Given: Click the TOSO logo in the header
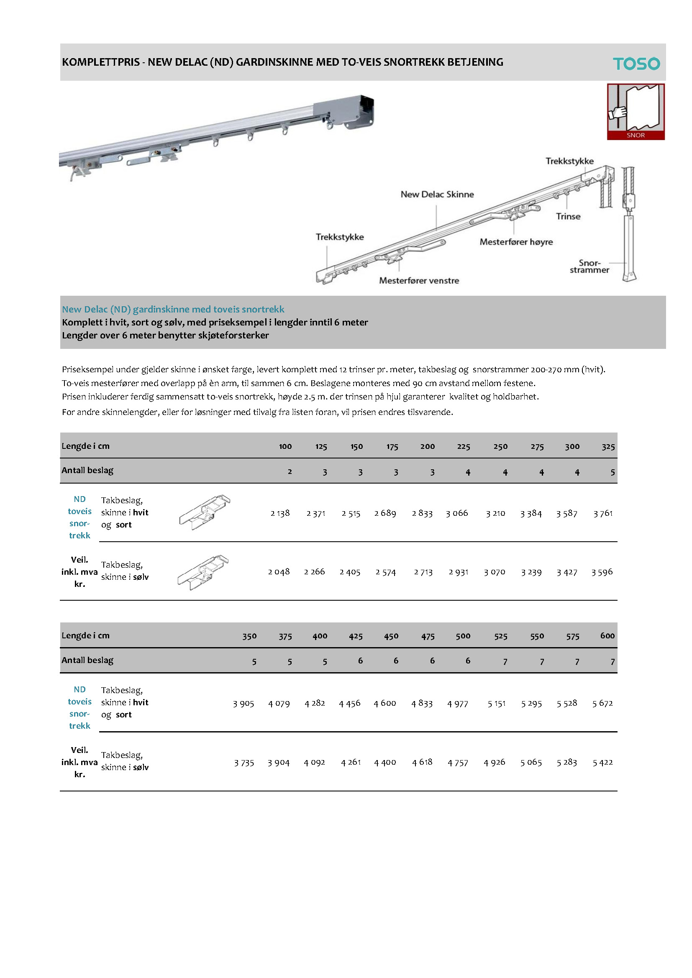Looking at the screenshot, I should (x=636, y=64).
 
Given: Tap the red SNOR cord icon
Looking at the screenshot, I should (x=636, y=112).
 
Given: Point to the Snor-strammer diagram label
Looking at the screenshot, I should (x=589, y=266).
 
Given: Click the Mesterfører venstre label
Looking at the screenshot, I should (x=419, y=281).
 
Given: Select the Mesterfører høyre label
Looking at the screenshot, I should (x=516, y=242).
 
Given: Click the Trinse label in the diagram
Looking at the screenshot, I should (x=568, y=216).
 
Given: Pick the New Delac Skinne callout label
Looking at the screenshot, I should (x=437, y=194).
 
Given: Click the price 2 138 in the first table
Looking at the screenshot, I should (x=280, y=513).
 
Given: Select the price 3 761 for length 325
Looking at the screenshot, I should (x=603, y=513).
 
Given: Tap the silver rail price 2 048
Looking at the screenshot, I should (x=279, y=572).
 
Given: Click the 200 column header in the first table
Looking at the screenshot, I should (x=428, y=446).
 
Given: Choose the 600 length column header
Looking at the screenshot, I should (x=607, y=635).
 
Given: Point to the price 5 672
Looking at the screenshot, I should (x=602, y=703).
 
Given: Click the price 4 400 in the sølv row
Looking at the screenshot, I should (x=385, y=762).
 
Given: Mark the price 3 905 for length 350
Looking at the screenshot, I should (x=243, y=703).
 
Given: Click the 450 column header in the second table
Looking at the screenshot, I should (x=391, y=636).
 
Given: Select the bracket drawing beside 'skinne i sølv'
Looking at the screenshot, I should (x=203, y=572).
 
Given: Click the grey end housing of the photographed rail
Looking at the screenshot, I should (x=344, y=112).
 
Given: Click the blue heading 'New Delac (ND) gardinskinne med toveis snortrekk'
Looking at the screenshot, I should (x=173, y=309).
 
